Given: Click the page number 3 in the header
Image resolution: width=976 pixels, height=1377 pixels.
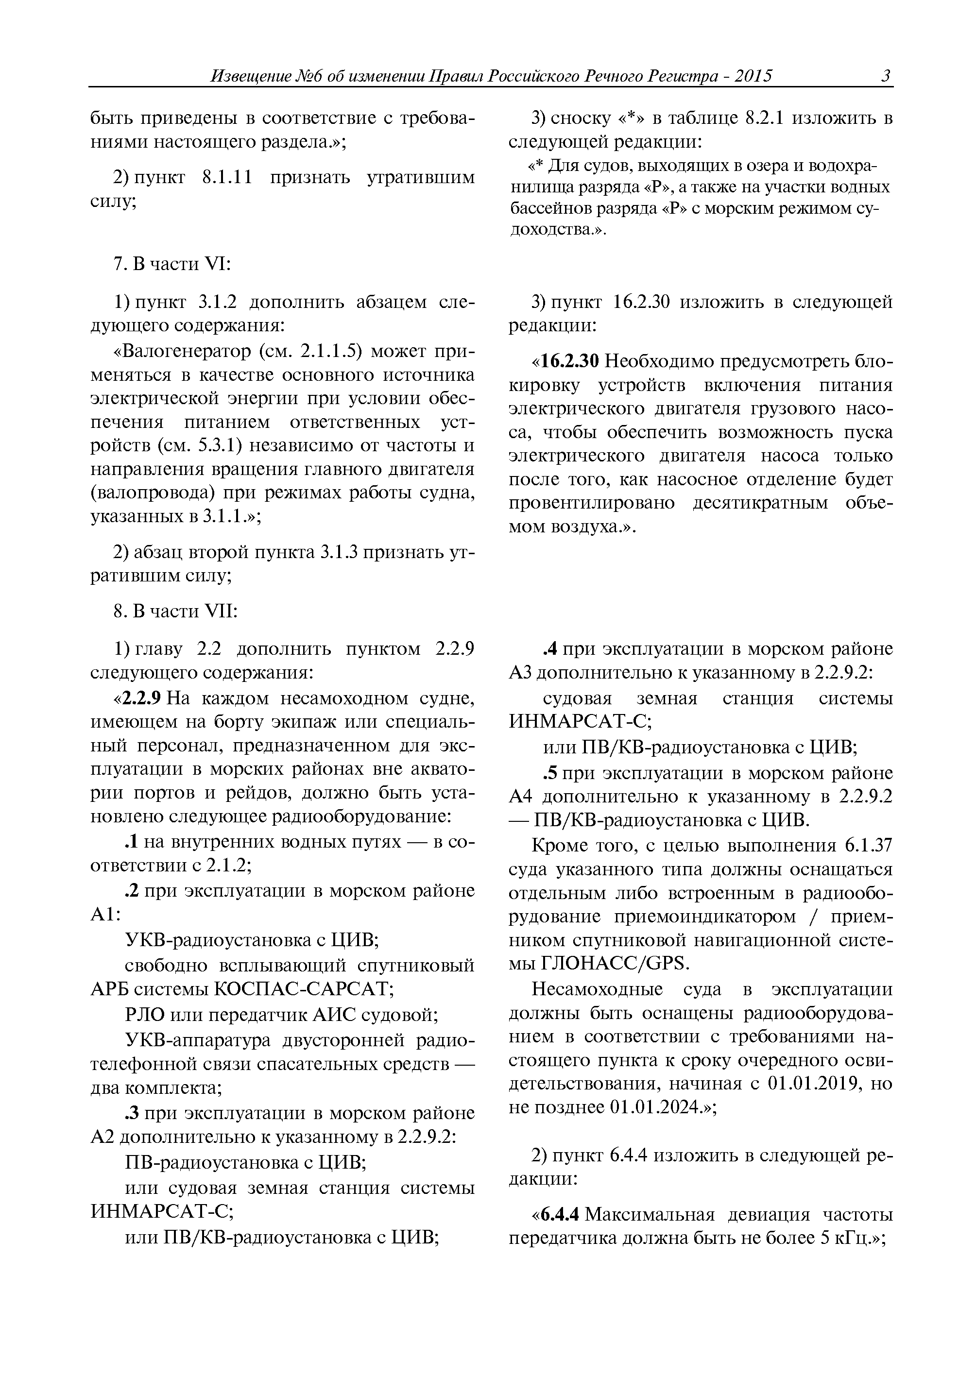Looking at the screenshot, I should (x=885, y=76).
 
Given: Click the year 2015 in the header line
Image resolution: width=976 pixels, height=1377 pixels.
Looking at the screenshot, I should (x=753, y=76).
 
